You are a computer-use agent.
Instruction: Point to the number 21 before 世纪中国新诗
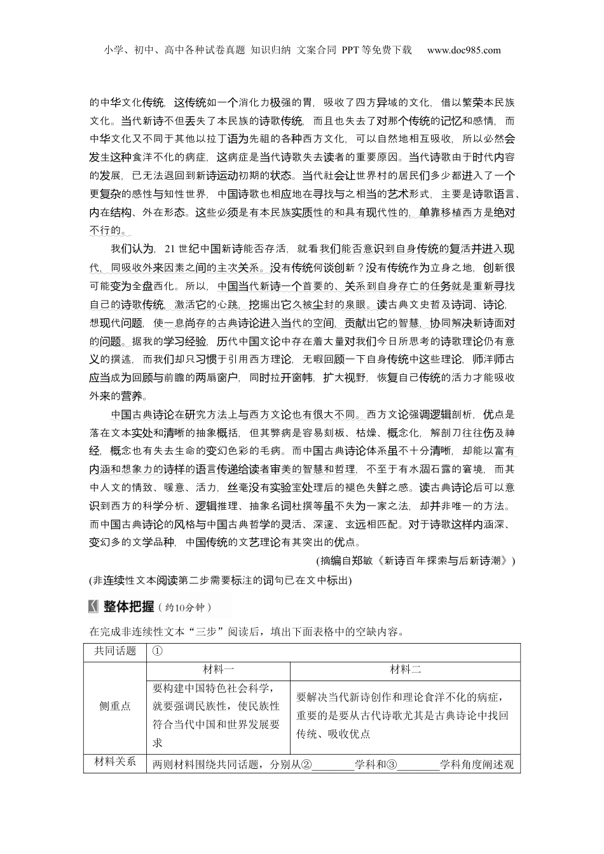170,248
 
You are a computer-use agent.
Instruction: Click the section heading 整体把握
129,607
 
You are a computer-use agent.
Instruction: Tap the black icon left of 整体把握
94,607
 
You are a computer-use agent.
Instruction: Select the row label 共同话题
115,651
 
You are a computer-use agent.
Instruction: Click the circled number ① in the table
158,651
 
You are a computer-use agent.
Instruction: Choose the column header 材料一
218,670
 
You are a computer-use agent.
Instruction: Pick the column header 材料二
405,670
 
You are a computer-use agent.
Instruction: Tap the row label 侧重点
115,706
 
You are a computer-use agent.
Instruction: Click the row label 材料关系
115,762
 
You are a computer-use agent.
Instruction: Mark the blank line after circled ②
333,765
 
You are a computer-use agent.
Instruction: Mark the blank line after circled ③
418,765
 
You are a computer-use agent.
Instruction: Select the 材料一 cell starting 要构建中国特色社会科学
216,715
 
